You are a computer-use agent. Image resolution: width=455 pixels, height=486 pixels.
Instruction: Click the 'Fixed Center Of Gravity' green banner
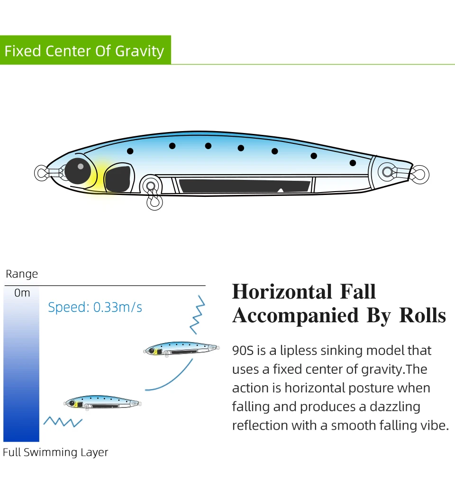pyautogui.click(x=84, y=51)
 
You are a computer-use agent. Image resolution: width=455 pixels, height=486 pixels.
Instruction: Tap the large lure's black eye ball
pyautogui.click(x=78, y=171)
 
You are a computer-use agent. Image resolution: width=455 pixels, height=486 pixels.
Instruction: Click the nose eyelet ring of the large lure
pyautogui.click(x=41, y=173)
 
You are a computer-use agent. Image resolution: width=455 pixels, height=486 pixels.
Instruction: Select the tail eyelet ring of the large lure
pyautogui.click(x=420, y=175)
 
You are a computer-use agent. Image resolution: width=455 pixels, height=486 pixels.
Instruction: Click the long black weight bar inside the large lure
pyautogui.click(x=244, y=186)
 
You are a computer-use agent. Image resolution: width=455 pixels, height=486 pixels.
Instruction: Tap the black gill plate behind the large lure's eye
pyautogui.click(x=118, y=178)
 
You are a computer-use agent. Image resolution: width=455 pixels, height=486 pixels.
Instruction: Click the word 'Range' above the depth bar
pyautogui.click(x=22, y=274)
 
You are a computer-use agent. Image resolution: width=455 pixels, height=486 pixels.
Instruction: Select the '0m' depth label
pyautogui.click(x=22, y=293)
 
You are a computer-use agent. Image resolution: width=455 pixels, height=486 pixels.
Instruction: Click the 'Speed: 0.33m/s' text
pyautogui.click(x=95, y=308)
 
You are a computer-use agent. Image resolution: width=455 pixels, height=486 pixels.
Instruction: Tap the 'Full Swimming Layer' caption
pyautogui.click(x=55, y=452)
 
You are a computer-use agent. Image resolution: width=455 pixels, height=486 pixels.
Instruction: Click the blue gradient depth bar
pyautogui.click(x=21, y=369)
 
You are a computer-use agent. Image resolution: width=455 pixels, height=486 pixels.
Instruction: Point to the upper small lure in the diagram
pyautogui.click(x=182, y=349)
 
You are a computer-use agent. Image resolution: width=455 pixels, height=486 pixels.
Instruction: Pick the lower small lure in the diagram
pyautogui.click(x=102, y=403)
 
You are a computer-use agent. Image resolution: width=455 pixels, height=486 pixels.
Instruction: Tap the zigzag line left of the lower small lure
pyautogui.click(x=63, y=421)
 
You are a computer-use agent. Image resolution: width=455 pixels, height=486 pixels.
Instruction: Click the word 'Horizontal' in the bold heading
pyautogui.click(x=282, y=292)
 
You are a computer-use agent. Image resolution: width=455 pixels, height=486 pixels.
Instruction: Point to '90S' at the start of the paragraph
pyautogui.click(x=243, y=351)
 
